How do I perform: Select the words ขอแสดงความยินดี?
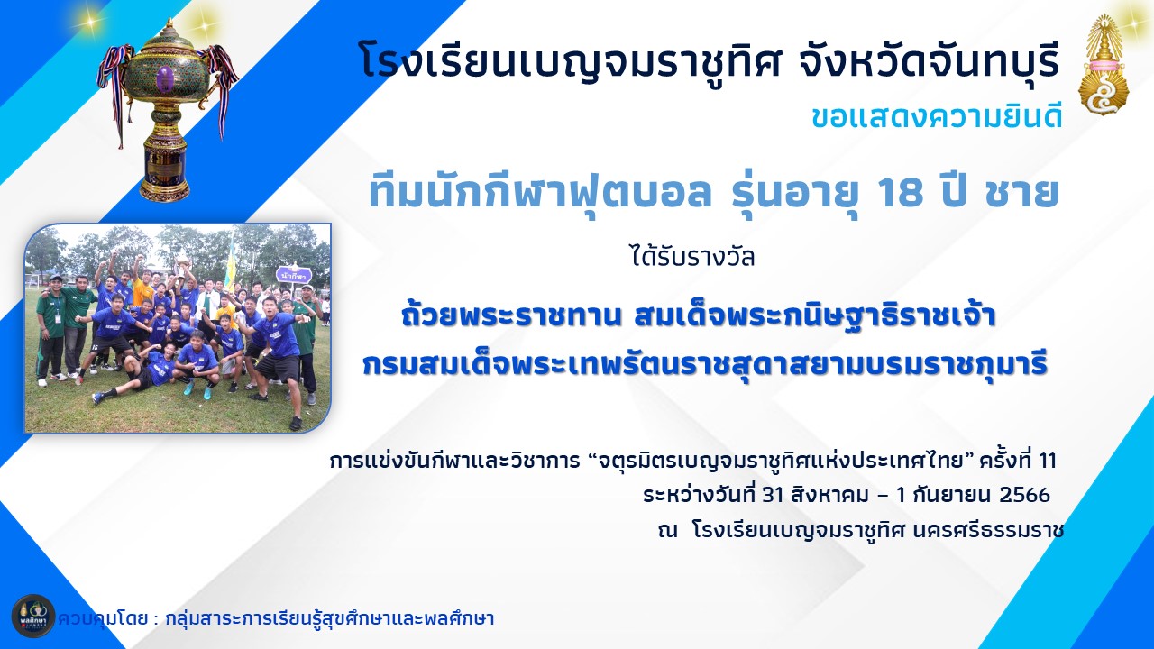(937, 117)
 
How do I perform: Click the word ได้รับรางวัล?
(693, 256)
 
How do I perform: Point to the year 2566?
(1024, 495)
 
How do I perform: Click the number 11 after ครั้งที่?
(1048, 461)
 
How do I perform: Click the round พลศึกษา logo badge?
(33, 617)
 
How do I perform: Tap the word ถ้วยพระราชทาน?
(511, 315)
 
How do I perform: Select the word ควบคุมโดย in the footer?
(103, 617)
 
